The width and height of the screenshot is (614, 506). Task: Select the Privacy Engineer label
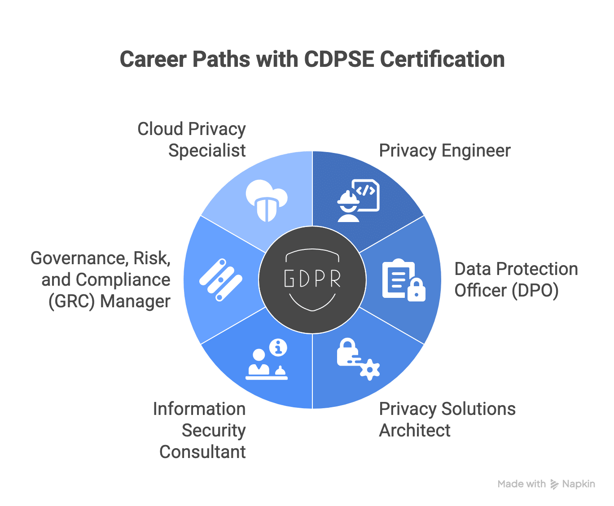pyautogui.click(x=445, y=151)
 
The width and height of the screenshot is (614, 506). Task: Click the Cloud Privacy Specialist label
pyautogui.click(x=192, y=140)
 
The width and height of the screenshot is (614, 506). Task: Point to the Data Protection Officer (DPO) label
pyautogui.click(x=516, y=280)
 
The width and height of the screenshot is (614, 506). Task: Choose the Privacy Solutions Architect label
pyautogui.click(x=447, y=419)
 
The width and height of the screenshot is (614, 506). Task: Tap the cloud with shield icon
pyautogui.click(x=267, y=200)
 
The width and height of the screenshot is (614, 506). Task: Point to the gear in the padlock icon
pyautogui.click(x=370, y=370)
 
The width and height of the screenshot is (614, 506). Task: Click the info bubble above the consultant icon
pyautogui.click(x=278, y=348)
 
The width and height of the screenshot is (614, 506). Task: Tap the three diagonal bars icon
pyautogui.click(x=220, y=280)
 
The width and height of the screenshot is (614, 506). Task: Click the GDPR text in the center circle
pyautogui.click(x=312, y=279)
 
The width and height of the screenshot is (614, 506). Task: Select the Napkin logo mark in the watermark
pyautogui.click(x=555, y=484)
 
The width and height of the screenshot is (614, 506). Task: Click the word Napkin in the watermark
pyautogui.click(x=579, y=484)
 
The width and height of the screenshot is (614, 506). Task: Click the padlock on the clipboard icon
pyautogui.click(x=416, y=291)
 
